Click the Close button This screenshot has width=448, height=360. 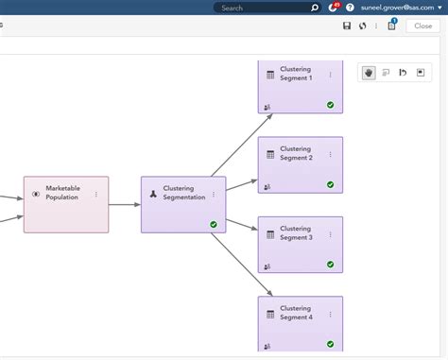[423, 26]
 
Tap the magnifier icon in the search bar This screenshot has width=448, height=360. [315, 8]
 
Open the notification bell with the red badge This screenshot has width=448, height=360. [332, 8]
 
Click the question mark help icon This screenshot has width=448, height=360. [350, 8]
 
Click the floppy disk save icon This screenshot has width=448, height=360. [347, 26]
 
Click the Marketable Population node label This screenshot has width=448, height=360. [63, 193]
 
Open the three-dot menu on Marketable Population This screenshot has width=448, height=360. [96, 194]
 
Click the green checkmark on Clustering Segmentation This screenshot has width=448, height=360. [214, 225]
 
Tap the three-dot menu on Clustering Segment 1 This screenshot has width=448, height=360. [330, 75]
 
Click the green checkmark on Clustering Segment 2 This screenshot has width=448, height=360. [330, 184]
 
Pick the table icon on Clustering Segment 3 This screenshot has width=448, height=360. [270, 233]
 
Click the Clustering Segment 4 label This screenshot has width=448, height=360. [296, 312]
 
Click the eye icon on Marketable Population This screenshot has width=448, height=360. [36, 194]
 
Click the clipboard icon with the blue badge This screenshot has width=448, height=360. [390, 26]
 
